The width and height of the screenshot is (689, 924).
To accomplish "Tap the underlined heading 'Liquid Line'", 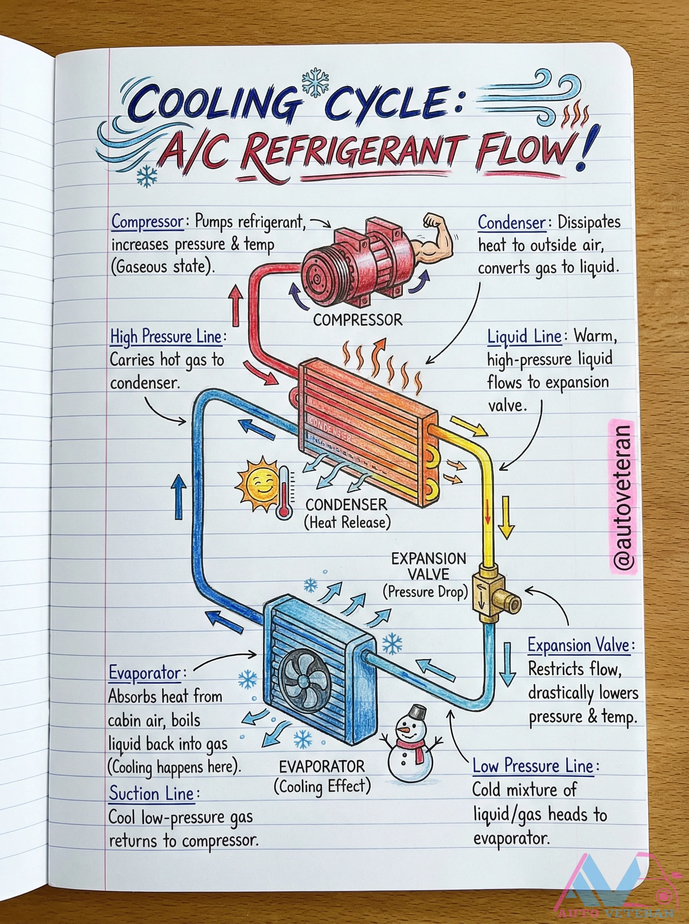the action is click(524, 336).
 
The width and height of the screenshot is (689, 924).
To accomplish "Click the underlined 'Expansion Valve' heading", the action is click(579, 645).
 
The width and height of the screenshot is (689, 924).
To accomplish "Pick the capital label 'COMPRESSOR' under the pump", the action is click(358, 320).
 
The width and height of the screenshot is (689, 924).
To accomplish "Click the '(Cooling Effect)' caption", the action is click(322, 786).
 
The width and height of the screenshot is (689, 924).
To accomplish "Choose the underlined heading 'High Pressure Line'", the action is click(166, 336).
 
